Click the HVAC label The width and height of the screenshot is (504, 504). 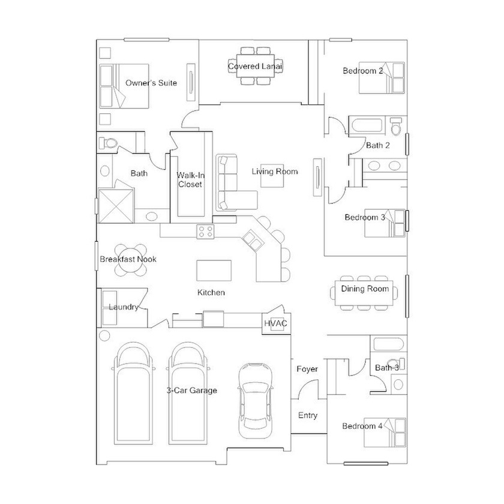pos(275,323)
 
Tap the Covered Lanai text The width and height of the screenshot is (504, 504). pos(255,66)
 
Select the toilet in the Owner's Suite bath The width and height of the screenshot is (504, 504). pos(108,143)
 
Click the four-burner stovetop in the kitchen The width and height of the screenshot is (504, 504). pos(205,232)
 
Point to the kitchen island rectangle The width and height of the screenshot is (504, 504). pos(214,271)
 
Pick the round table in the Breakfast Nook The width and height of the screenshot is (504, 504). pos(131,260)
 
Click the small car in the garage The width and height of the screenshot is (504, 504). pos(255,401)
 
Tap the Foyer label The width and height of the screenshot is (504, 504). pos(307,369)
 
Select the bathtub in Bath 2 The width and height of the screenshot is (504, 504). pos(367,125)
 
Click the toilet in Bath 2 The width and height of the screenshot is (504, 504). pos(395,125)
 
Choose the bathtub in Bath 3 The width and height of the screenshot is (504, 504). pos(389,344)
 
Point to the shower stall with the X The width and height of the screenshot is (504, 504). pos(115,206)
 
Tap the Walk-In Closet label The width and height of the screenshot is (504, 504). pos(190,179)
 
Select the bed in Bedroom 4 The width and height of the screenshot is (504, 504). pos(385,433)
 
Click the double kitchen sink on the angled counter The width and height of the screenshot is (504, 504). pos(252,241)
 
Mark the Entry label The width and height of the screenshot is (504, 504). pos(308,415)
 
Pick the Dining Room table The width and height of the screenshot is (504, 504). pos(364,293)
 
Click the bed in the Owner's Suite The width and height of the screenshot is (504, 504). pos(124,86)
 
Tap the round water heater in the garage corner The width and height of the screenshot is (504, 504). pos(104,336)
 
